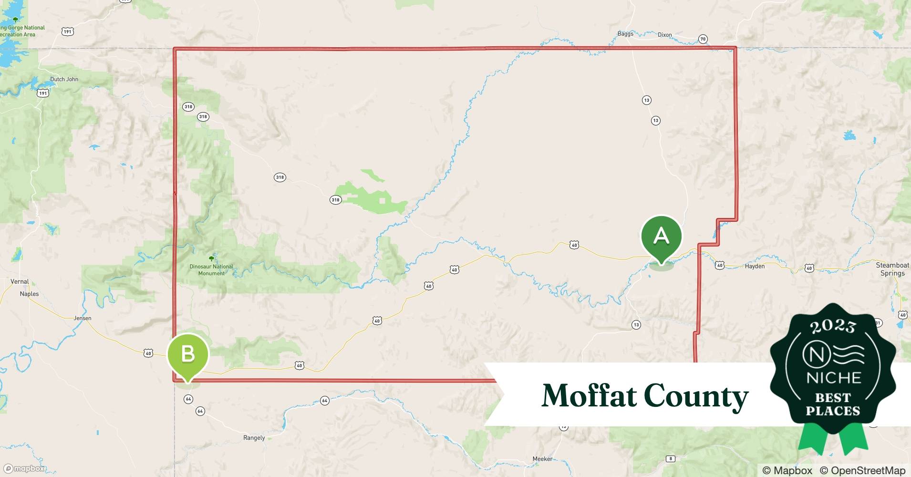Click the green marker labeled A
point(661,237)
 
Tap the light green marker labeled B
point(188,354)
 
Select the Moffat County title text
point(645,396)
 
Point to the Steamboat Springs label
point(892,269)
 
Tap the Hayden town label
point(755,266)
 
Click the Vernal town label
point(20,281)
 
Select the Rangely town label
point(254,438)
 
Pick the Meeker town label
point(542,459)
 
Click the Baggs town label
point(625,34)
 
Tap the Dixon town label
point(664,35)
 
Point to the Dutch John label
point(64,79)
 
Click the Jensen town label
point(83,318)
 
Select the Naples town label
point(29,294)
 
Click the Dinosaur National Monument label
point(211,270)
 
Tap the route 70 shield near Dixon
point(703,39)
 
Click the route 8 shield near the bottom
point(671,459)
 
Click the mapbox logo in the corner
point(24,468)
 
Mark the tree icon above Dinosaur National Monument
point(211,258)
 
